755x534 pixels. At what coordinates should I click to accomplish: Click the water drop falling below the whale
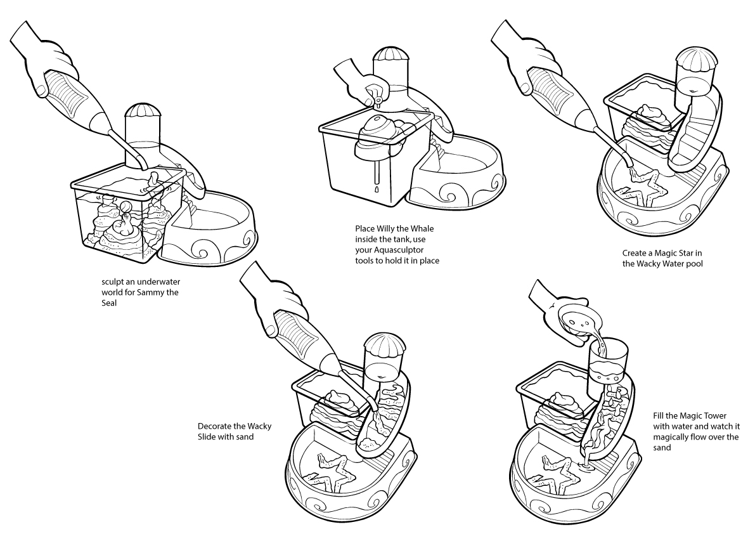[376, 190]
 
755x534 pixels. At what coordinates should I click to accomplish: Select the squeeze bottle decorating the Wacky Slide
[304, 342]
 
